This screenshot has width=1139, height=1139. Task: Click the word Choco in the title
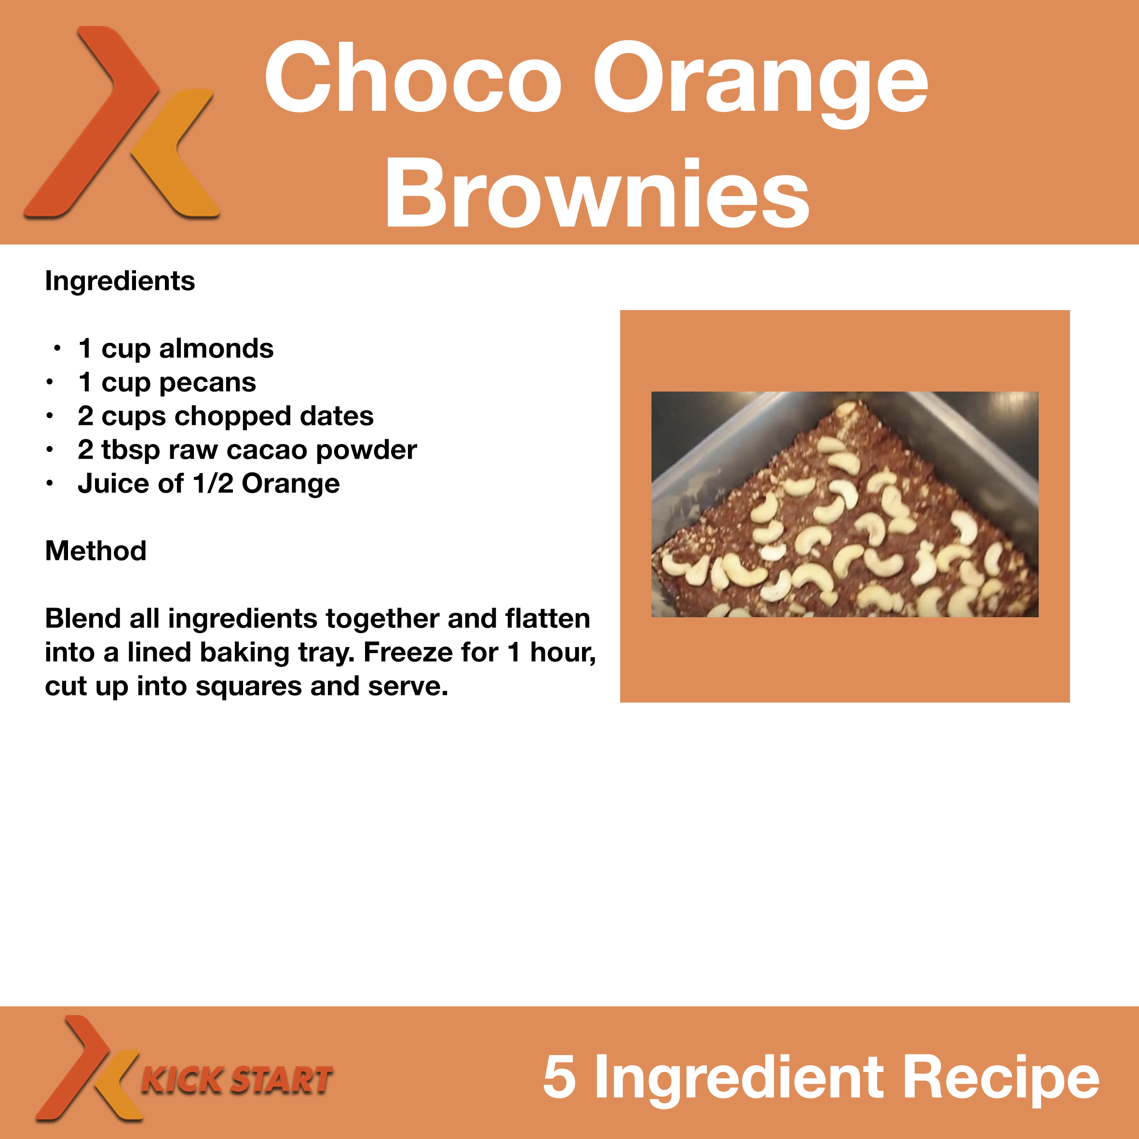[413, 77]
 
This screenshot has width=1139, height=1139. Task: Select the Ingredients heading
[120, 281]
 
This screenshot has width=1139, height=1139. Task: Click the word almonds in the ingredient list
[217, 349]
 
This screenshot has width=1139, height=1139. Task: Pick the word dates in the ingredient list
[337, 416]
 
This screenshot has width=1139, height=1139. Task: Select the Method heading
[95, 551]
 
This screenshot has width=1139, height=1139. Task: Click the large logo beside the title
[122, 122]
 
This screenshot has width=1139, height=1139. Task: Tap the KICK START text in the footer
[237, 1080]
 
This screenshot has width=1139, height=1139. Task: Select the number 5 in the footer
[559, 1077]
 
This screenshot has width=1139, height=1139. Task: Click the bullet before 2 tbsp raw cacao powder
[50, 450]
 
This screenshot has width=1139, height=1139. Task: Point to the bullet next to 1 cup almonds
[57, 349]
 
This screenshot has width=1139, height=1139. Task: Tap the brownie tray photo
[845, 504]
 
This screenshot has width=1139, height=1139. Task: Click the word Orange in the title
[760, 82]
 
